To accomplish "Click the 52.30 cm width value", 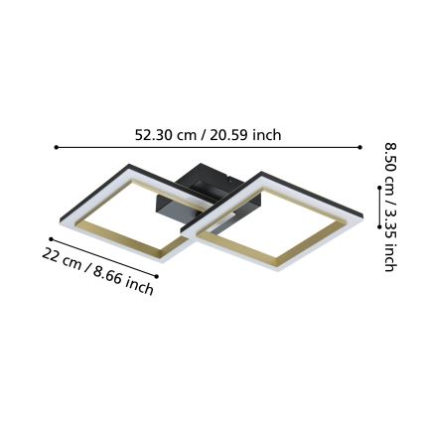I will click(171, 134).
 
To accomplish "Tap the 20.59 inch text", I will click(248, 134).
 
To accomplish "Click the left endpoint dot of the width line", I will click(57, 148).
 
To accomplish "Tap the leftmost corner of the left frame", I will click(57, 216).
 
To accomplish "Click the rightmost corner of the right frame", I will click(363, 211).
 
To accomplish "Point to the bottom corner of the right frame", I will click(285, 273).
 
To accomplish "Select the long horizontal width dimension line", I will click(209, 148).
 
